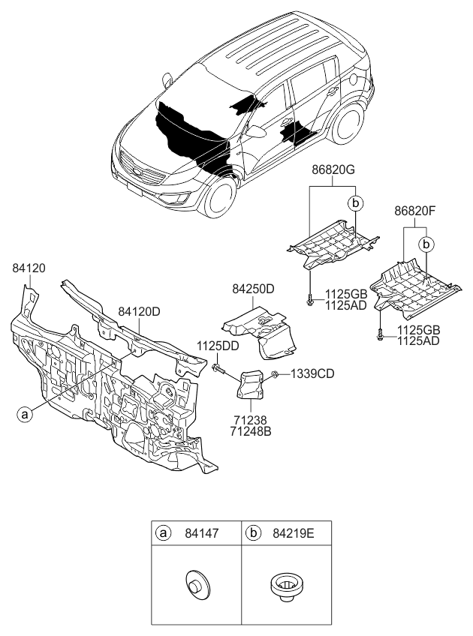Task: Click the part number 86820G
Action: pyautogui.click(x=333, y=170)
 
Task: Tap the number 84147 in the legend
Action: pyautogui.click(x=203, y=533)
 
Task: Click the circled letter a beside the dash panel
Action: pyautogui.click(x=26, y=412)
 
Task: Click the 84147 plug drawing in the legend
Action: pyautogui.click(x=196, y=583)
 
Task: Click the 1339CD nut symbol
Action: pyautogui.click(x=276, y=373)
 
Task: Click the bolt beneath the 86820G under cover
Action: pyautogui.click(x=309, y=301)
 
